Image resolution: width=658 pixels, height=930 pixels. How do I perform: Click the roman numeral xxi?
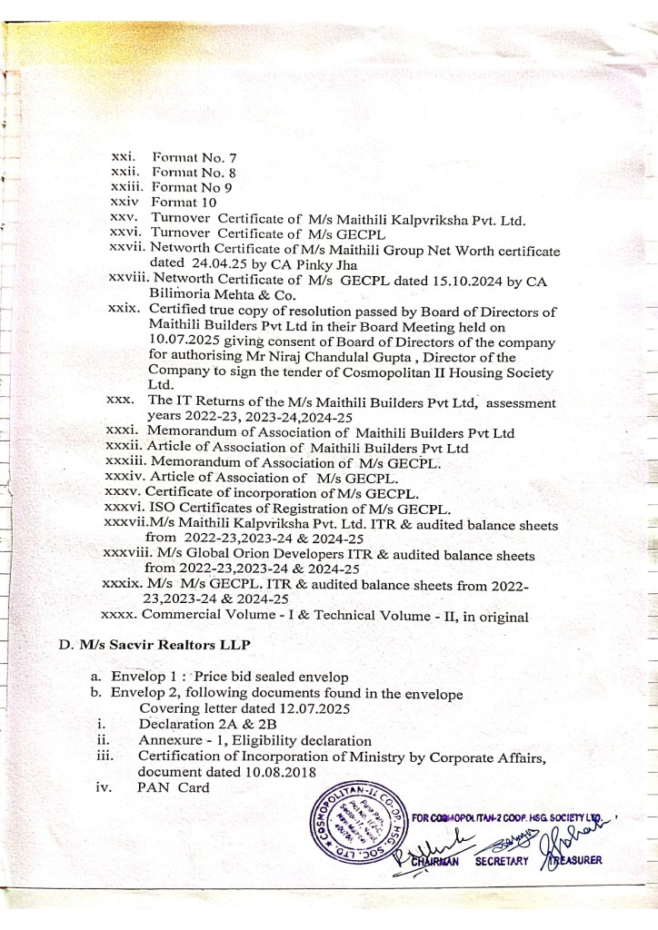pyautogui.click(x=123, y=157)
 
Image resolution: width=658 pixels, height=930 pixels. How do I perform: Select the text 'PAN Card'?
pyautogui.click(x=173, y=787)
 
